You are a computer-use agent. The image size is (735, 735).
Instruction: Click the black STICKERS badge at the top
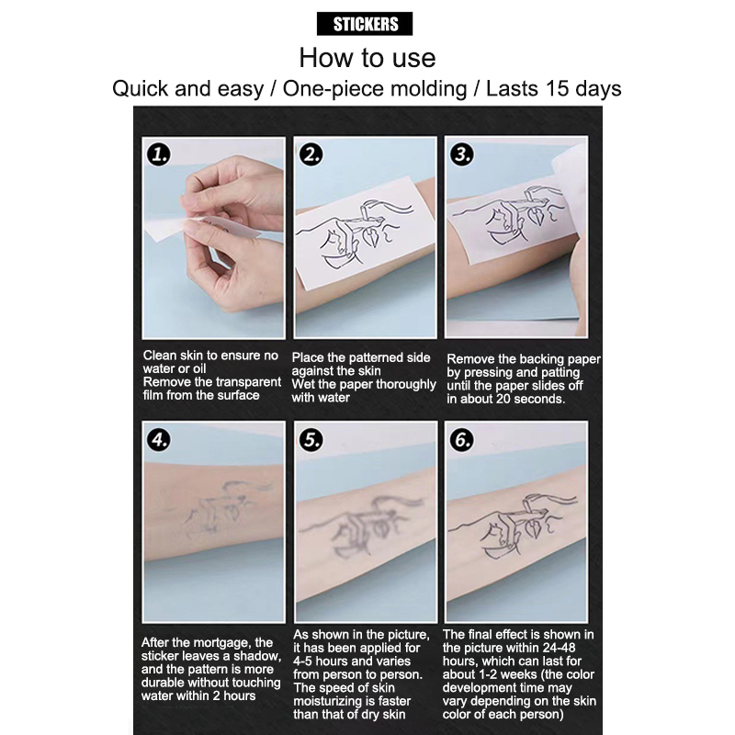(365, 24)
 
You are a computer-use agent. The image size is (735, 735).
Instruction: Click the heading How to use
(367, 58)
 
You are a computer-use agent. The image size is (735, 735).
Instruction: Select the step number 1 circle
(158, 154)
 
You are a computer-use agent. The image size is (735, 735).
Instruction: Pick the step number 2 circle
(311, 154)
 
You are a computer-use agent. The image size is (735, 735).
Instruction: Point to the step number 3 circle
(462, 154)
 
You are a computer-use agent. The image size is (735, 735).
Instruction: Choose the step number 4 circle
(158, 440)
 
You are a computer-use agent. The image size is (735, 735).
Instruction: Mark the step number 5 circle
(311, 440)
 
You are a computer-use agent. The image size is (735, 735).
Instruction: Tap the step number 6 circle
(462, 440)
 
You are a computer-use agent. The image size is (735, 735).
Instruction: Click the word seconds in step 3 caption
(541, 399)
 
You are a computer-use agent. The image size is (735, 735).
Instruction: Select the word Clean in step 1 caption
(160, 356)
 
